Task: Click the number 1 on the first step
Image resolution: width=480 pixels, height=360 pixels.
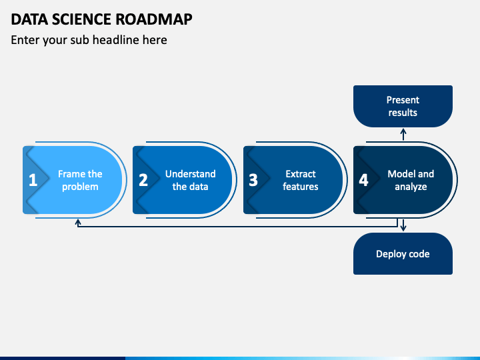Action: (x=33, y=180)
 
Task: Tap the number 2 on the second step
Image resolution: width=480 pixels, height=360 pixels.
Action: (x=143, y=180)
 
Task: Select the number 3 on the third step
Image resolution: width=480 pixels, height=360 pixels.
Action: (x=253, y=180)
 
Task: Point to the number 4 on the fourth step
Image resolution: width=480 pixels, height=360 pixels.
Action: (x=363, y=180)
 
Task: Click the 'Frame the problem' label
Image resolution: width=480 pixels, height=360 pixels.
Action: (x=80, y=180)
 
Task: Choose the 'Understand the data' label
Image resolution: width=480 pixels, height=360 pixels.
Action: (x=191, y=180)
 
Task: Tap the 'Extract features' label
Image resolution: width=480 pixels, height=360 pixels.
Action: (x=301, y=180)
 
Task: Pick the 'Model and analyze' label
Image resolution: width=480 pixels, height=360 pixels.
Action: (x=411, y=180)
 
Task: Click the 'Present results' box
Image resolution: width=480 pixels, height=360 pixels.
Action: (x=403, y=106)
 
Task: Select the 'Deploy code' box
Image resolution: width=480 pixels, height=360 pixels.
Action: (x=403, y=253)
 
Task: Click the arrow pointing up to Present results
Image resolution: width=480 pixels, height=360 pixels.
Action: (x=403, y=135)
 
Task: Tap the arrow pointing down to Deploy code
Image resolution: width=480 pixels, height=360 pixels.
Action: (x=403, y=225)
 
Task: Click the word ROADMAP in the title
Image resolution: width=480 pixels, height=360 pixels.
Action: (x=154, y=19)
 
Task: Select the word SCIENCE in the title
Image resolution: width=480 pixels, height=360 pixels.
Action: (x=82, y=19)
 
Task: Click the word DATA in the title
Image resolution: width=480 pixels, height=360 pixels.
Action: (x=29, y=19)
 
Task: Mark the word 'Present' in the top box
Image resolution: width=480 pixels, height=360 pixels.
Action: (x=403, y=100)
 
